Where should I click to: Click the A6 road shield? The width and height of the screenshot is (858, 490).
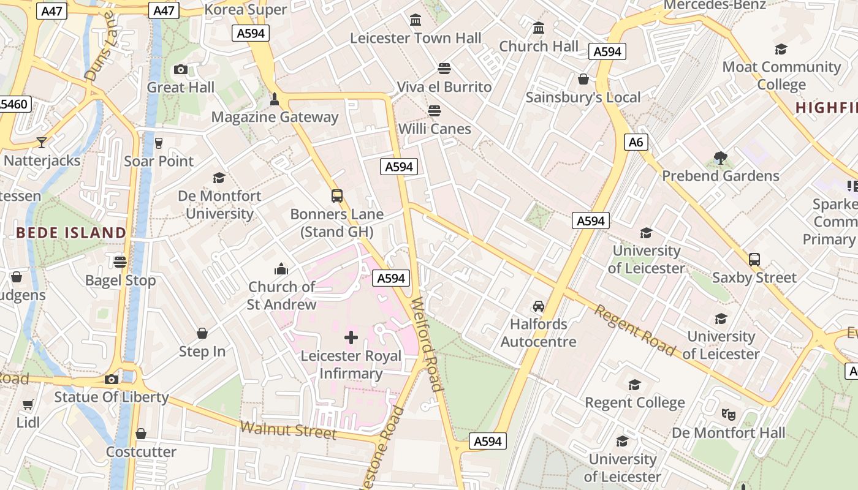pyautogui.click(x=636, y=143)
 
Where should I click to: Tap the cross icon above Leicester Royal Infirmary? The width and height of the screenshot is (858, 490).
pyautogui.click(x=351, y=337)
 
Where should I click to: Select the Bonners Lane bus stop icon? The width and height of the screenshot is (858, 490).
pyautogui.click(x=337, y=196)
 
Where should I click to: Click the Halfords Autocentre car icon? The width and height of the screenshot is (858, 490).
pyautogui.click(x=539, y=306)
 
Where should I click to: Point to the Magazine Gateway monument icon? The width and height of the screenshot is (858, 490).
pyautogui.click(x=275, y=99)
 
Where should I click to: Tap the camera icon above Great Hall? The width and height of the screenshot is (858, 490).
pyautogui.click(x=180, y=69)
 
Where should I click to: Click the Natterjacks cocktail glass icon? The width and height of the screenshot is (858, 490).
pyautogui.click(x=42, y=143)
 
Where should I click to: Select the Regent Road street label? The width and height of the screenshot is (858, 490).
pyautogui.click(x=635, y=331)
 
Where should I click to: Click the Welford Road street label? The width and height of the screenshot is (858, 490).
pyautogui.click(x=427, y=344)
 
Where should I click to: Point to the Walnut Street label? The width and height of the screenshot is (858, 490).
pyautogui.click(x=289, y=430)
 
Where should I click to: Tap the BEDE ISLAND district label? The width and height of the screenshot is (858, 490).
pyautogui.click(x=71, y=233)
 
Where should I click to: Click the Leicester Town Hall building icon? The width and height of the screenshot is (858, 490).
pyautogui.click(x=416, y=20)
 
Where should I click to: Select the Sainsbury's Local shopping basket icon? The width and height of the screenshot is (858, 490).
pyautogui.click(x=583, y=80)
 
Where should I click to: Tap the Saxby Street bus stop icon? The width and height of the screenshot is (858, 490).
pyautogui.click(x=754, y=260)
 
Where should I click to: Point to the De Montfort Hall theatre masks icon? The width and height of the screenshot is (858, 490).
pyautogui.click(x=729, y=415)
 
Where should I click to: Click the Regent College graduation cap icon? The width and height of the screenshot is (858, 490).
pyautogui.click(x=634, y=385)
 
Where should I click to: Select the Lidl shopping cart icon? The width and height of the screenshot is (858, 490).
pyautogui.click(x=28, y=405)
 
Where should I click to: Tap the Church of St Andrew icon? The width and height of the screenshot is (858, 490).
pyautogui.click(x=281, y=269)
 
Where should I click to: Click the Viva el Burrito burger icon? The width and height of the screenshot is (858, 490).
pyautogui.click(x=444, y=69)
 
